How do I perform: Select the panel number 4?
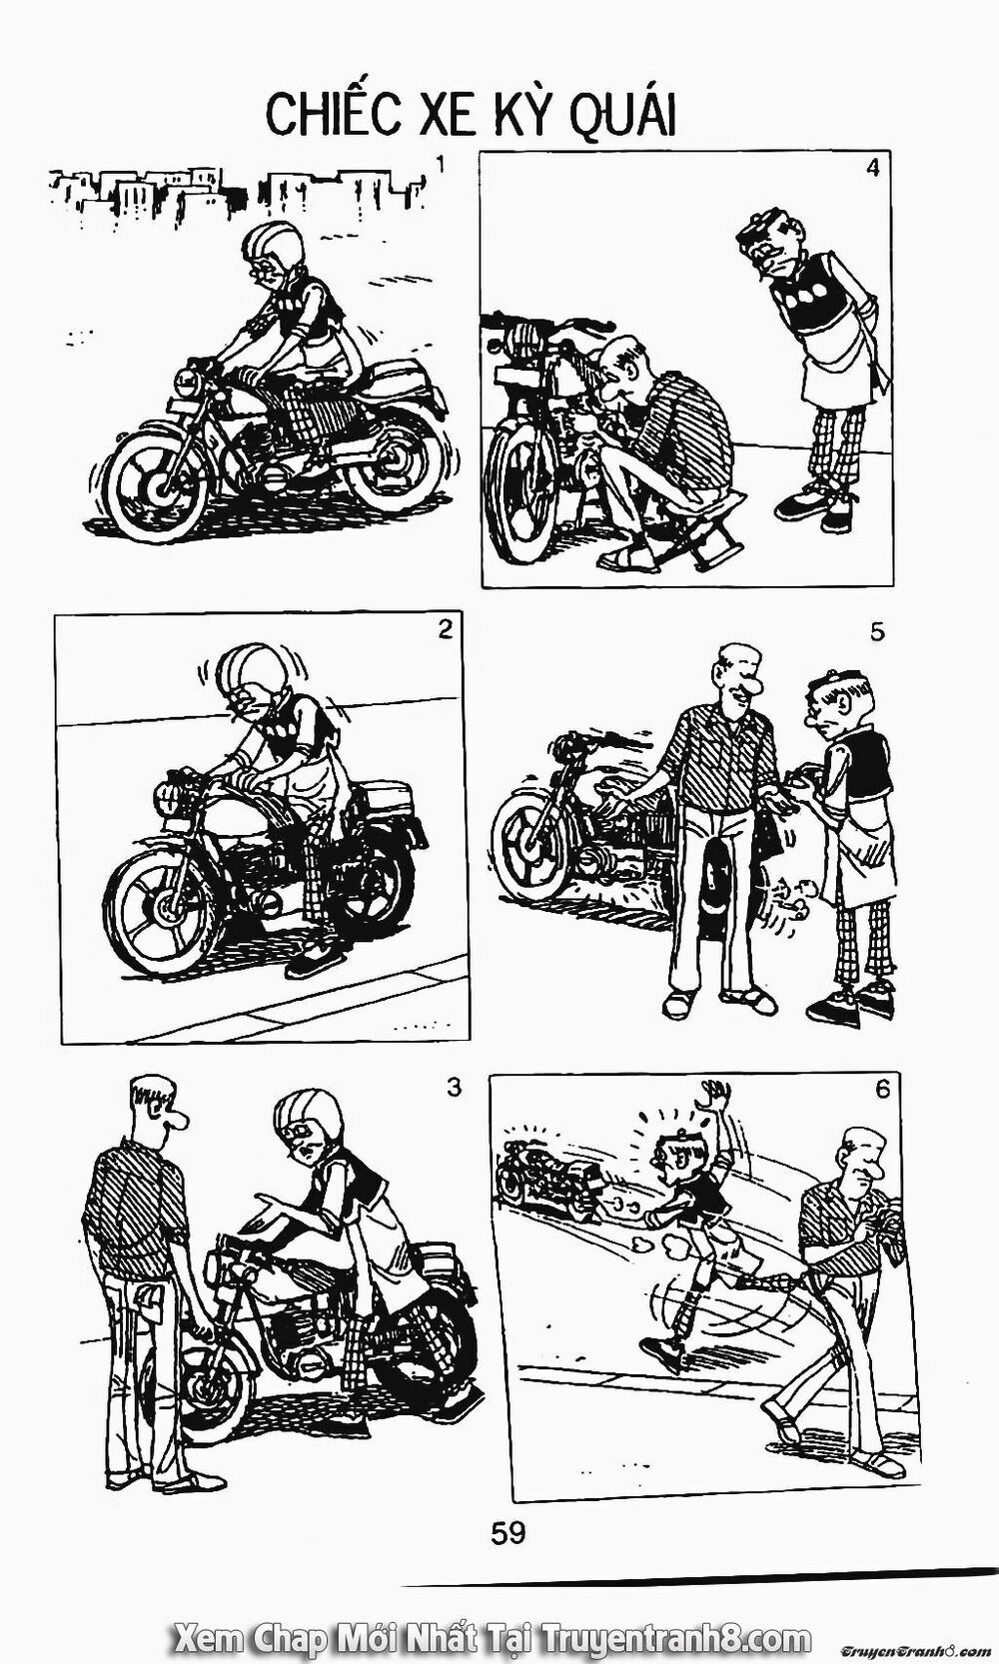[872, 168]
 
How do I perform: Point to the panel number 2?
[446, 629]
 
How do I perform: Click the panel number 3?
[455, 1088]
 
